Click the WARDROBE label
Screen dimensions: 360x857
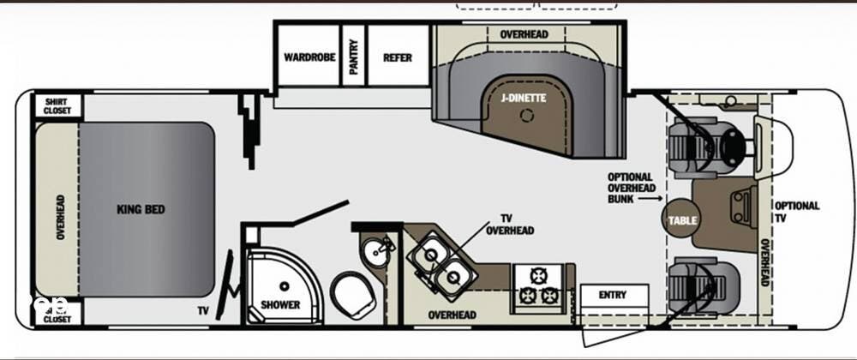click(309, 58)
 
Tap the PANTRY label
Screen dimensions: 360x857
click(353, 54)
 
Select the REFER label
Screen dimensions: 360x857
click(398, 58)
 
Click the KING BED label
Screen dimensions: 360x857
click(141, 209)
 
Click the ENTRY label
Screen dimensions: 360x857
click(612, 296)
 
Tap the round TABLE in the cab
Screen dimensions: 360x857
click(682, 220)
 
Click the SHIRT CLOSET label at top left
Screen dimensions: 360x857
click(58, 105)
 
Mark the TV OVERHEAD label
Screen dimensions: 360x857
click(510, 225)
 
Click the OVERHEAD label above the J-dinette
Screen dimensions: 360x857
click(524, 34)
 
